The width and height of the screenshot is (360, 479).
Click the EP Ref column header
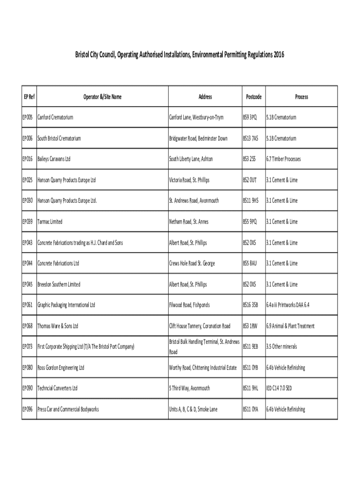coord(29,97)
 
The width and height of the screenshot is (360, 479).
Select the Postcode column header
coord(253,97)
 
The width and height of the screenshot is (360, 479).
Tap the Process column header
coord(301,97)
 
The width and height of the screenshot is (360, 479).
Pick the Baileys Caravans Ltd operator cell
coord(54,159)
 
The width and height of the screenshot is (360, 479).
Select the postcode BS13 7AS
coord(250,138)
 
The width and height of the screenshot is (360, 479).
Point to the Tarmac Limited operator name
coord(50,222)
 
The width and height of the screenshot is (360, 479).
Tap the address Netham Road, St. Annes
coord(188,222)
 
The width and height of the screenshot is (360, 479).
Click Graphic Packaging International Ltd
coord(66,305)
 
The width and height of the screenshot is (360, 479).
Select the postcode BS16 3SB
coord(250,305)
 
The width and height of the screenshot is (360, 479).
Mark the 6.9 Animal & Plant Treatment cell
coord(290,326)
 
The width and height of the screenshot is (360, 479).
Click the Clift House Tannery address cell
coord(200,326)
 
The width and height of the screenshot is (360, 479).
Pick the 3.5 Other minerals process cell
coord(281,347)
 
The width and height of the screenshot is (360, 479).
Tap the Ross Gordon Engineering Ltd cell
coord(61,368)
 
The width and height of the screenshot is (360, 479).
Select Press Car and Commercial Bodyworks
coord(68,409)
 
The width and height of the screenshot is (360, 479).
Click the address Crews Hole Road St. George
coord(192,263)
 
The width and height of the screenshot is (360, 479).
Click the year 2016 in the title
coord(278,55)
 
